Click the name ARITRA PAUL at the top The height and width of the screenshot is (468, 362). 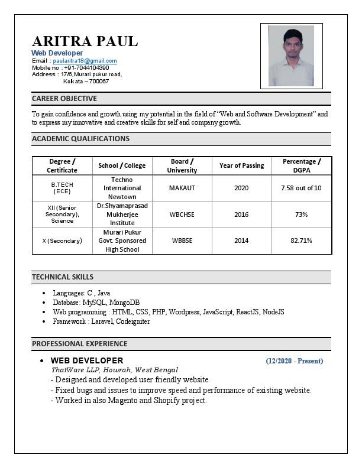(x=85, y=41)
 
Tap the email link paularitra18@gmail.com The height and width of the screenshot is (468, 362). (x=85, y=61)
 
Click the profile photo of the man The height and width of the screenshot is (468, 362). (x=291, y=56)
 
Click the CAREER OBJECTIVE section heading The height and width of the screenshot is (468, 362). (x=64, y=99)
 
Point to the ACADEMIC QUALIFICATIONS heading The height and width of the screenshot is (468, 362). (x=80, y=139)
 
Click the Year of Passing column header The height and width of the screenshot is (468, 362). (x=241, y=165)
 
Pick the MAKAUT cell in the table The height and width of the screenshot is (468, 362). (x=182, y=188)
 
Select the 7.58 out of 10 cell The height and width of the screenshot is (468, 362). (x=301, y=188)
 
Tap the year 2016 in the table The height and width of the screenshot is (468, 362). (x=241, y=214)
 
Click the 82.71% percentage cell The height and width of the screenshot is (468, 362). (x=301, y=240)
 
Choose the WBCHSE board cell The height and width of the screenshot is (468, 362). (x=182, y=214)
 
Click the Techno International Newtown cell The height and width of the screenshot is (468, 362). (x=122, y=188)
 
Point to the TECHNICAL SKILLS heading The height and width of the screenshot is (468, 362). (x=63, y=277)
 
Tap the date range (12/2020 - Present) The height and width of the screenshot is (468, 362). (x=294, y=360)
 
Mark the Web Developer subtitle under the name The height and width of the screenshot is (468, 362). (x=57, y=53)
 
